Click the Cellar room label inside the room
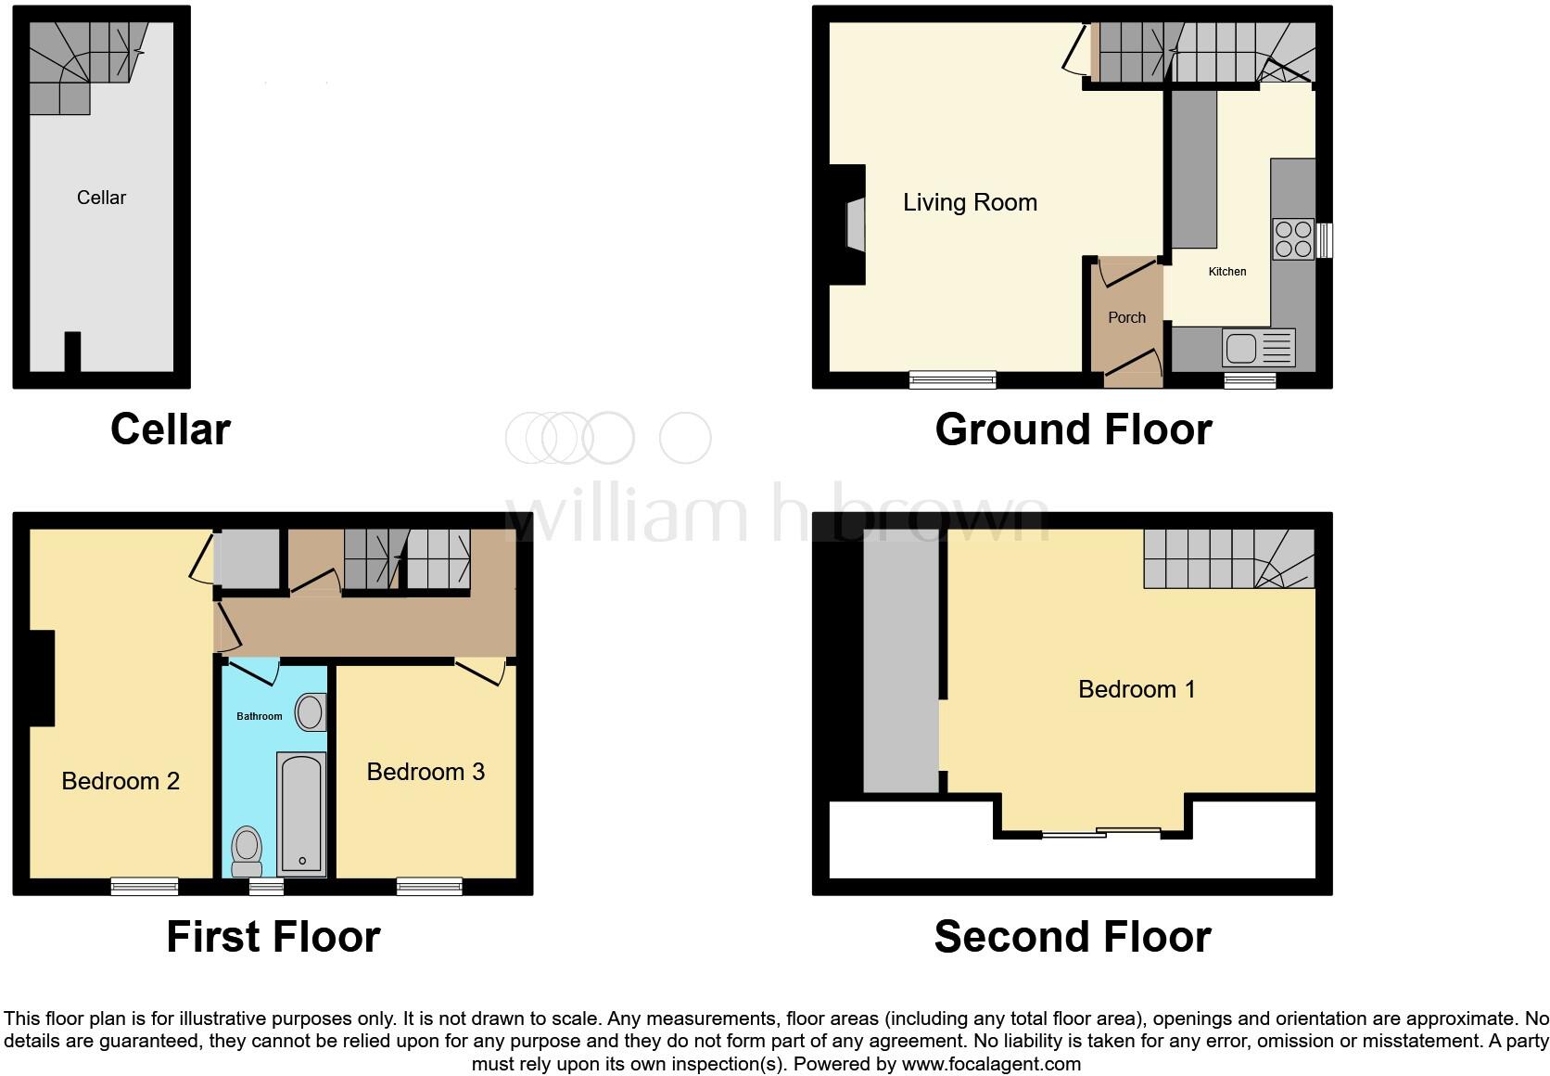[x=101, y=198]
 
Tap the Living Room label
[x=970, y=202]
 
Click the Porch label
[x=1126, y=317]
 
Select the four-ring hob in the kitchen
[x=1292, y=238]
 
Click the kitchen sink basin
[x=1240, y=349]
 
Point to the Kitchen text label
[x=1227, y=272]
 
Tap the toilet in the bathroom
[x=247, y=850]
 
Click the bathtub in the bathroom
[x=301, y=813]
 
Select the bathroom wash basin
[x=310, y=713]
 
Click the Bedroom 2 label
[x=121, y=781]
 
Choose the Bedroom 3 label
[x=426, y=772]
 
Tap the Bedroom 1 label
[x=1137, y=689]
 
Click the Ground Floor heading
[x=1073, y=429]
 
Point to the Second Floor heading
[x=1072, y=937]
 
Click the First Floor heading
[x=273, y=937]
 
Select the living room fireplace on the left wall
[x=855, y=224]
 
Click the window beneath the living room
[x=952, y=378]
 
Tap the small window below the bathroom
[x=267, y=888]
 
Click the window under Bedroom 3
[x=429, y=887]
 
